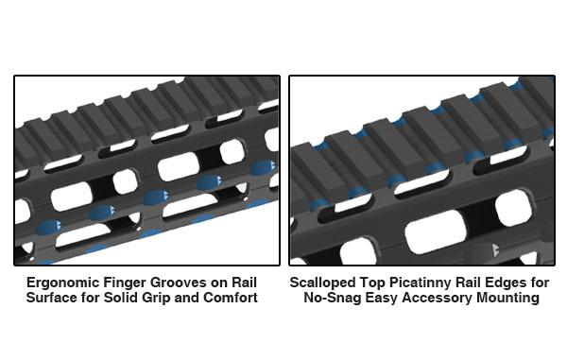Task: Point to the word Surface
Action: tap(51, 298)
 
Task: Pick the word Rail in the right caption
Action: tap(484, 283)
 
